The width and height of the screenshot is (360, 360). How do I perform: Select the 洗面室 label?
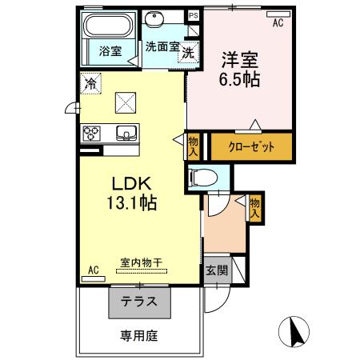162,46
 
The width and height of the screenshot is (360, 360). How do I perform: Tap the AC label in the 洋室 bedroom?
278,23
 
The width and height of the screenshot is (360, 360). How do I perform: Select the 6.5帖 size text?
239,81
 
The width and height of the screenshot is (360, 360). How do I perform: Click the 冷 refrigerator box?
91,82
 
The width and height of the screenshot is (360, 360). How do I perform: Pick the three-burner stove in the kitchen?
90,133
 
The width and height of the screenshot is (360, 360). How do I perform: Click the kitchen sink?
126,133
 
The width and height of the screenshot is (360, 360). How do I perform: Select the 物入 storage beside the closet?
193,146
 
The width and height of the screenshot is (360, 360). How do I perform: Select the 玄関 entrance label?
214,270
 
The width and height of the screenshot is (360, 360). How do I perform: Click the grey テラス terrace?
139,303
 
